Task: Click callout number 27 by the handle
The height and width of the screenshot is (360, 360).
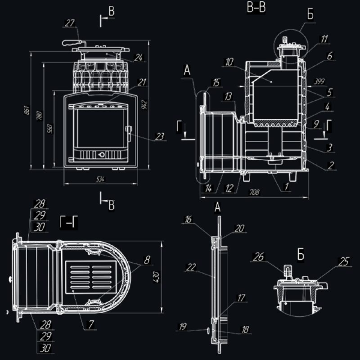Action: pos(69,24)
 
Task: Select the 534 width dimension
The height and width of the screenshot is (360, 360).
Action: pos(101,180)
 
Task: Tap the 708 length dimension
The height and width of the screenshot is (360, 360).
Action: pos(254,193)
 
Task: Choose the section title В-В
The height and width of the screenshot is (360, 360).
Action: pos(255,9)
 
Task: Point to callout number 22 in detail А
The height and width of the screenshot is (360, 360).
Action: pos(190,267)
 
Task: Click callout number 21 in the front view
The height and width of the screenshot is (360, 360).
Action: pos(142,82)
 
